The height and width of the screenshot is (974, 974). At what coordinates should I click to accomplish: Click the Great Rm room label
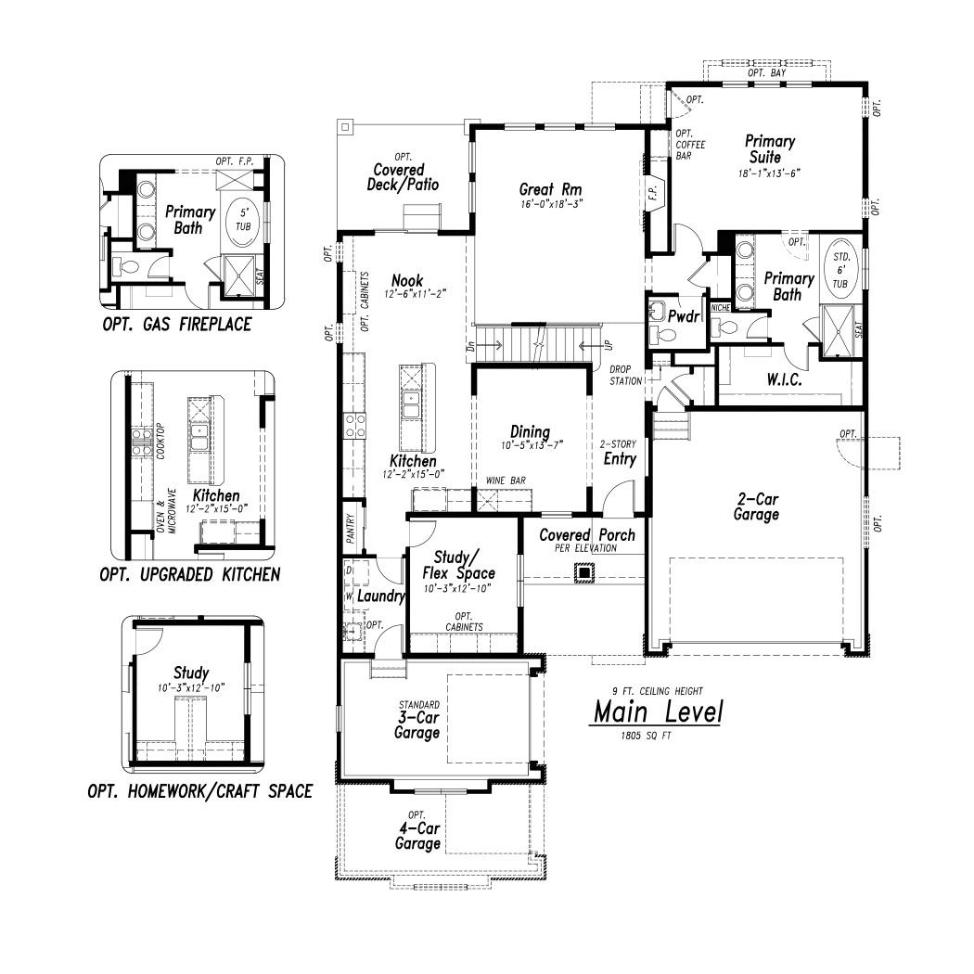550,189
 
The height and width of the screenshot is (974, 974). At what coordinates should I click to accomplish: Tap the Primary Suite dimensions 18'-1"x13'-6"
769,173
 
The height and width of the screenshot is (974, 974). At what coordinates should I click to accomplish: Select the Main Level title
658,711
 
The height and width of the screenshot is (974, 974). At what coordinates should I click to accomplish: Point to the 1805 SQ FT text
646,736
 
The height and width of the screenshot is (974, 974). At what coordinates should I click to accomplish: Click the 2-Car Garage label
757,506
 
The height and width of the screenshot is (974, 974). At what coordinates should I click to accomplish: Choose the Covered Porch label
587,535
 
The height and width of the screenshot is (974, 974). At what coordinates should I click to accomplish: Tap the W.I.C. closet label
784,379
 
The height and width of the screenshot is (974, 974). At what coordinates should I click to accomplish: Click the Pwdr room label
684,316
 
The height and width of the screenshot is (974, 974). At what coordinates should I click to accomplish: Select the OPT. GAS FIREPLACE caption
177,325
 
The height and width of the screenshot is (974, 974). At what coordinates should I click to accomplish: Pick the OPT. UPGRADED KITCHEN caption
190,574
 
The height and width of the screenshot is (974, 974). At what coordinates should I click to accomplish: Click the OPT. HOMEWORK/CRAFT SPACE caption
200,791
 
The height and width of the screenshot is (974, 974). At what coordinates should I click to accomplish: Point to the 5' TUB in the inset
243,219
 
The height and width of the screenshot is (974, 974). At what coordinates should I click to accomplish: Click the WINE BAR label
506,481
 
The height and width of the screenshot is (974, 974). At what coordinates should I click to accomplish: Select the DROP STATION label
625,375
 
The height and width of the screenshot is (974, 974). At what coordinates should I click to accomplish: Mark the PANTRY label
351,528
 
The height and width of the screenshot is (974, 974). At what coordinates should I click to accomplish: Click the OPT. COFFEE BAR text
690,145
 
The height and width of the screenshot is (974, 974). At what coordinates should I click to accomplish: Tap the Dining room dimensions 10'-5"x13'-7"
532,445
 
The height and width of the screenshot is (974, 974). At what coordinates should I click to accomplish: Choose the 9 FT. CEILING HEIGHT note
657,691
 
